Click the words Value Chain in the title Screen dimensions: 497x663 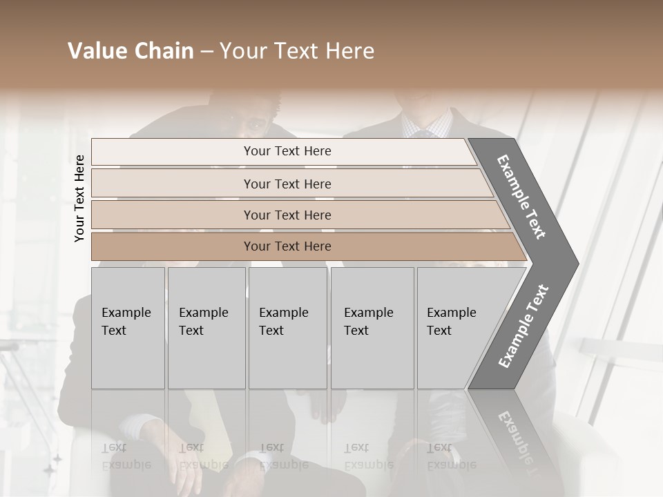(131, 51)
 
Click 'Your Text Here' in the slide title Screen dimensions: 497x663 (297, 51)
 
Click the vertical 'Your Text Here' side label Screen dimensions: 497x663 (79, 198)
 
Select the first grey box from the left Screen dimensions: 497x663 (128, 328)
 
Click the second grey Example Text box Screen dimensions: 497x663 (206, 328)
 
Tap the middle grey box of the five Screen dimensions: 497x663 (287, 328)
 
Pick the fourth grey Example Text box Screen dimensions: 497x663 (372, 328)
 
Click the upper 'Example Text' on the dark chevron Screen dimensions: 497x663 (521, 197)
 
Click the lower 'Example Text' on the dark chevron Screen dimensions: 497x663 (523, 326)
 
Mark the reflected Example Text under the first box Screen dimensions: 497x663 (126, 456)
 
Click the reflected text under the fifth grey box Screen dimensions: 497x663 (451, 456)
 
